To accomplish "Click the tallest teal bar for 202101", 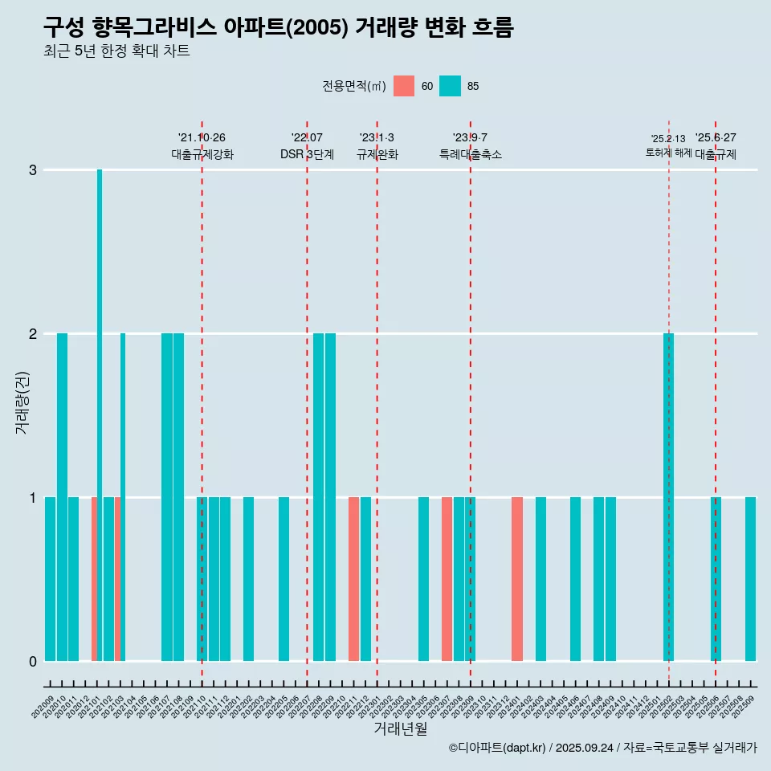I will pos(100,414).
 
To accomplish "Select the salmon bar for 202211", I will pos(353,579).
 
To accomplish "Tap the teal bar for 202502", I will pos(668,497).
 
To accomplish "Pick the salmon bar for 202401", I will pos(517,579).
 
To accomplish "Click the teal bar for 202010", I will pos(62,497).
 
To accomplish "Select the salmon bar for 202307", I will pos(447,579).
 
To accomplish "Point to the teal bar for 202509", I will pos(750,579).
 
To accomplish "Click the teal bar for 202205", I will pos(284,579).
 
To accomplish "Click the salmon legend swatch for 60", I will pos(404,86).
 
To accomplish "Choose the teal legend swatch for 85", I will pos(451,86).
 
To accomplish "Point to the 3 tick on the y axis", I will pos(33,170).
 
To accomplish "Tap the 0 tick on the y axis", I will pos(33,662).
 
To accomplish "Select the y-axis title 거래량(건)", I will pos(22,402).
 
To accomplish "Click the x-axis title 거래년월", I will pos(400,729).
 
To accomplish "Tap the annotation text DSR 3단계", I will pos(307,154).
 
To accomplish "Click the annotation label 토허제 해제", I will pos(668,152).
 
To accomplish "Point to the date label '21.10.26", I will pos(202,137).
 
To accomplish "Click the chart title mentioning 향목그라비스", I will pos(278,28).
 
